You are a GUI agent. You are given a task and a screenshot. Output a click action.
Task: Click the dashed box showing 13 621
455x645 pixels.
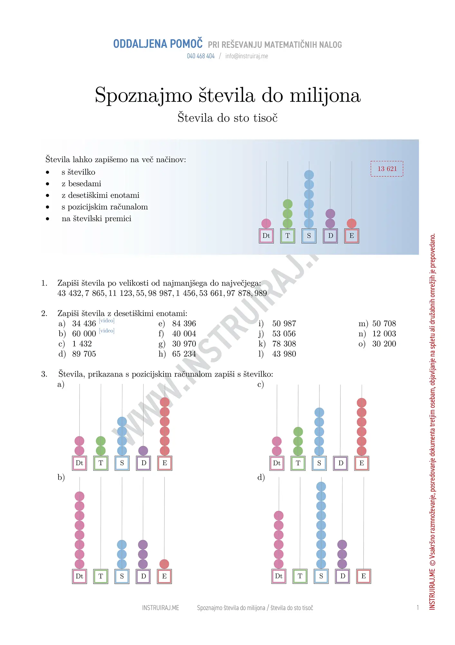[387, 169]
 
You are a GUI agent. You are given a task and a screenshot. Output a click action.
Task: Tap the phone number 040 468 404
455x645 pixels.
[201, 56]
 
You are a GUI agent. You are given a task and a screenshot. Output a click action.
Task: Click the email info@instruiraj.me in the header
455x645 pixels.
[246, 56]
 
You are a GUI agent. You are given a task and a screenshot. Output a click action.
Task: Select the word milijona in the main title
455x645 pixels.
[325, 95]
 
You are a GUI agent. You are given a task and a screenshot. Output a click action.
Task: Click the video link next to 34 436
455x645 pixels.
[107, 321]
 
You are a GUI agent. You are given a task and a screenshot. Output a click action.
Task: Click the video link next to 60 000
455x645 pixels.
[107, 331]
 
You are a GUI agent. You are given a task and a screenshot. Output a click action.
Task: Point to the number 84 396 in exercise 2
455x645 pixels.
[184, 323]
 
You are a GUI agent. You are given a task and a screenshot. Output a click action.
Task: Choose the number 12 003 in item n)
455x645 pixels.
[384, 334]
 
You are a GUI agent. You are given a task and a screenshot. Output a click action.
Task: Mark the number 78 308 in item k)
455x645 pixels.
[284, 344]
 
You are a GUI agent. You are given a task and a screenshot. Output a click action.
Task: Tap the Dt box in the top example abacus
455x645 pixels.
[266, 236]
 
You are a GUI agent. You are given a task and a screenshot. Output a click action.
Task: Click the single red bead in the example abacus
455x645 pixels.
[351, 223]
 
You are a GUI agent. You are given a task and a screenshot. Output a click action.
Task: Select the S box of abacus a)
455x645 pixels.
[122, 463]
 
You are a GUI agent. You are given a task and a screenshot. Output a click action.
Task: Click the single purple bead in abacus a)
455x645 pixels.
[143, 451]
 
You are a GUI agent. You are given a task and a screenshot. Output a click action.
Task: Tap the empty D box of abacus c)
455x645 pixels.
[340, 463]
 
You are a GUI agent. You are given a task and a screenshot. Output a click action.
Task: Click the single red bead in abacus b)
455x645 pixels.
[164, 564]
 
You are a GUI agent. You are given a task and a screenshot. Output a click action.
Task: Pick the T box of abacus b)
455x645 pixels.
[101, 576]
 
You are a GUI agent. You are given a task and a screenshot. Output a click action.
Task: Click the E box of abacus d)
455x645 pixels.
[364, 576]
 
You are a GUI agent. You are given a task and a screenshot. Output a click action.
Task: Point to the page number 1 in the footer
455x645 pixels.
[418, 608]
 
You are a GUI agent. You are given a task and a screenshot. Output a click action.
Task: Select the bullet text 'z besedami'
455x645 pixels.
[81, 184]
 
